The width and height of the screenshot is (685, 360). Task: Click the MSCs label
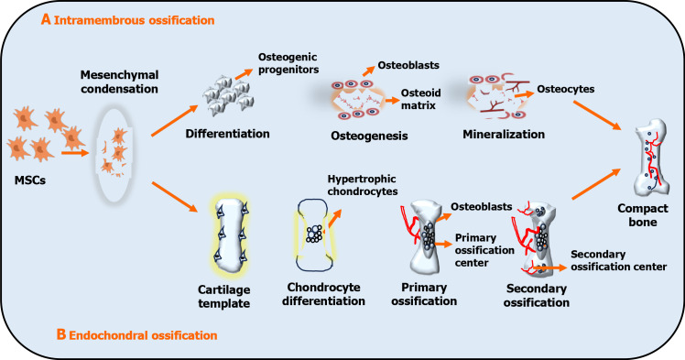click(x=29, y=180)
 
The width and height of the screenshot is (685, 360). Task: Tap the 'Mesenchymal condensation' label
click(x=119, y=82)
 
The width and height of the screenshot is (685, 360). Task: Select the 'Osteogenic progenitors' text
click(x=288, y=63)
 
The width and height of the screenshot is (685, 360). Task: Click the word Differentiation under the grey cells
click(x=227, y=133)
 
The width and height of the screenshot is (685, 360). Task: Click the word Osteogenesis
click(x=369, y=136)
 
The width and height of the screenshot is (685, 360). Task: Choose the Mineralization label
click(x=504, y=134)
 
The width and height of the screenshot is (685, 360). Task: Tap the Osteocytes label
click(x=566, y=89)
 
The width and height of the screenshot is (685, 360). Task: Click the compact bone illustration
click(x=651, y=158)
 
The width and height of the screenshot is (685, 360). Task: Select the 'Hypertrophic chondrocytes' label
click(x=363, y=185)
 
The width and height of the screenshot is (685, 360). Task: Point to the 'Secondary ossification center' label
click(x=618, y=260)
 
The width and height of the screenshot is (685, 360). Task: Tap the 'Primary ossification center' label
click(x=484, y=250)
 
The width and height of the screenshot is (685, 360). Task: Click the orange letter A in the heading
click(x=46, y=19)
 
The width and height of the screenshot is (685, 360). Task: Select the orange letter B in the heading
click(x=61, y=334)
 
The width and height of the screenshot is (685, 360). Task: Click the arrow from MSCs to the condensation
click(x=75, y=153)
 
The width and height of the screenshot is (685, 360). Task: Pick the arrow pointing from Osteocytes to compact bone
click(x=597, y=115)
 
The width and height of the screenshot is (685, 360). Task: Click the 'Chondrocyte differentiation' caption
click(x=323, y=294)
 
